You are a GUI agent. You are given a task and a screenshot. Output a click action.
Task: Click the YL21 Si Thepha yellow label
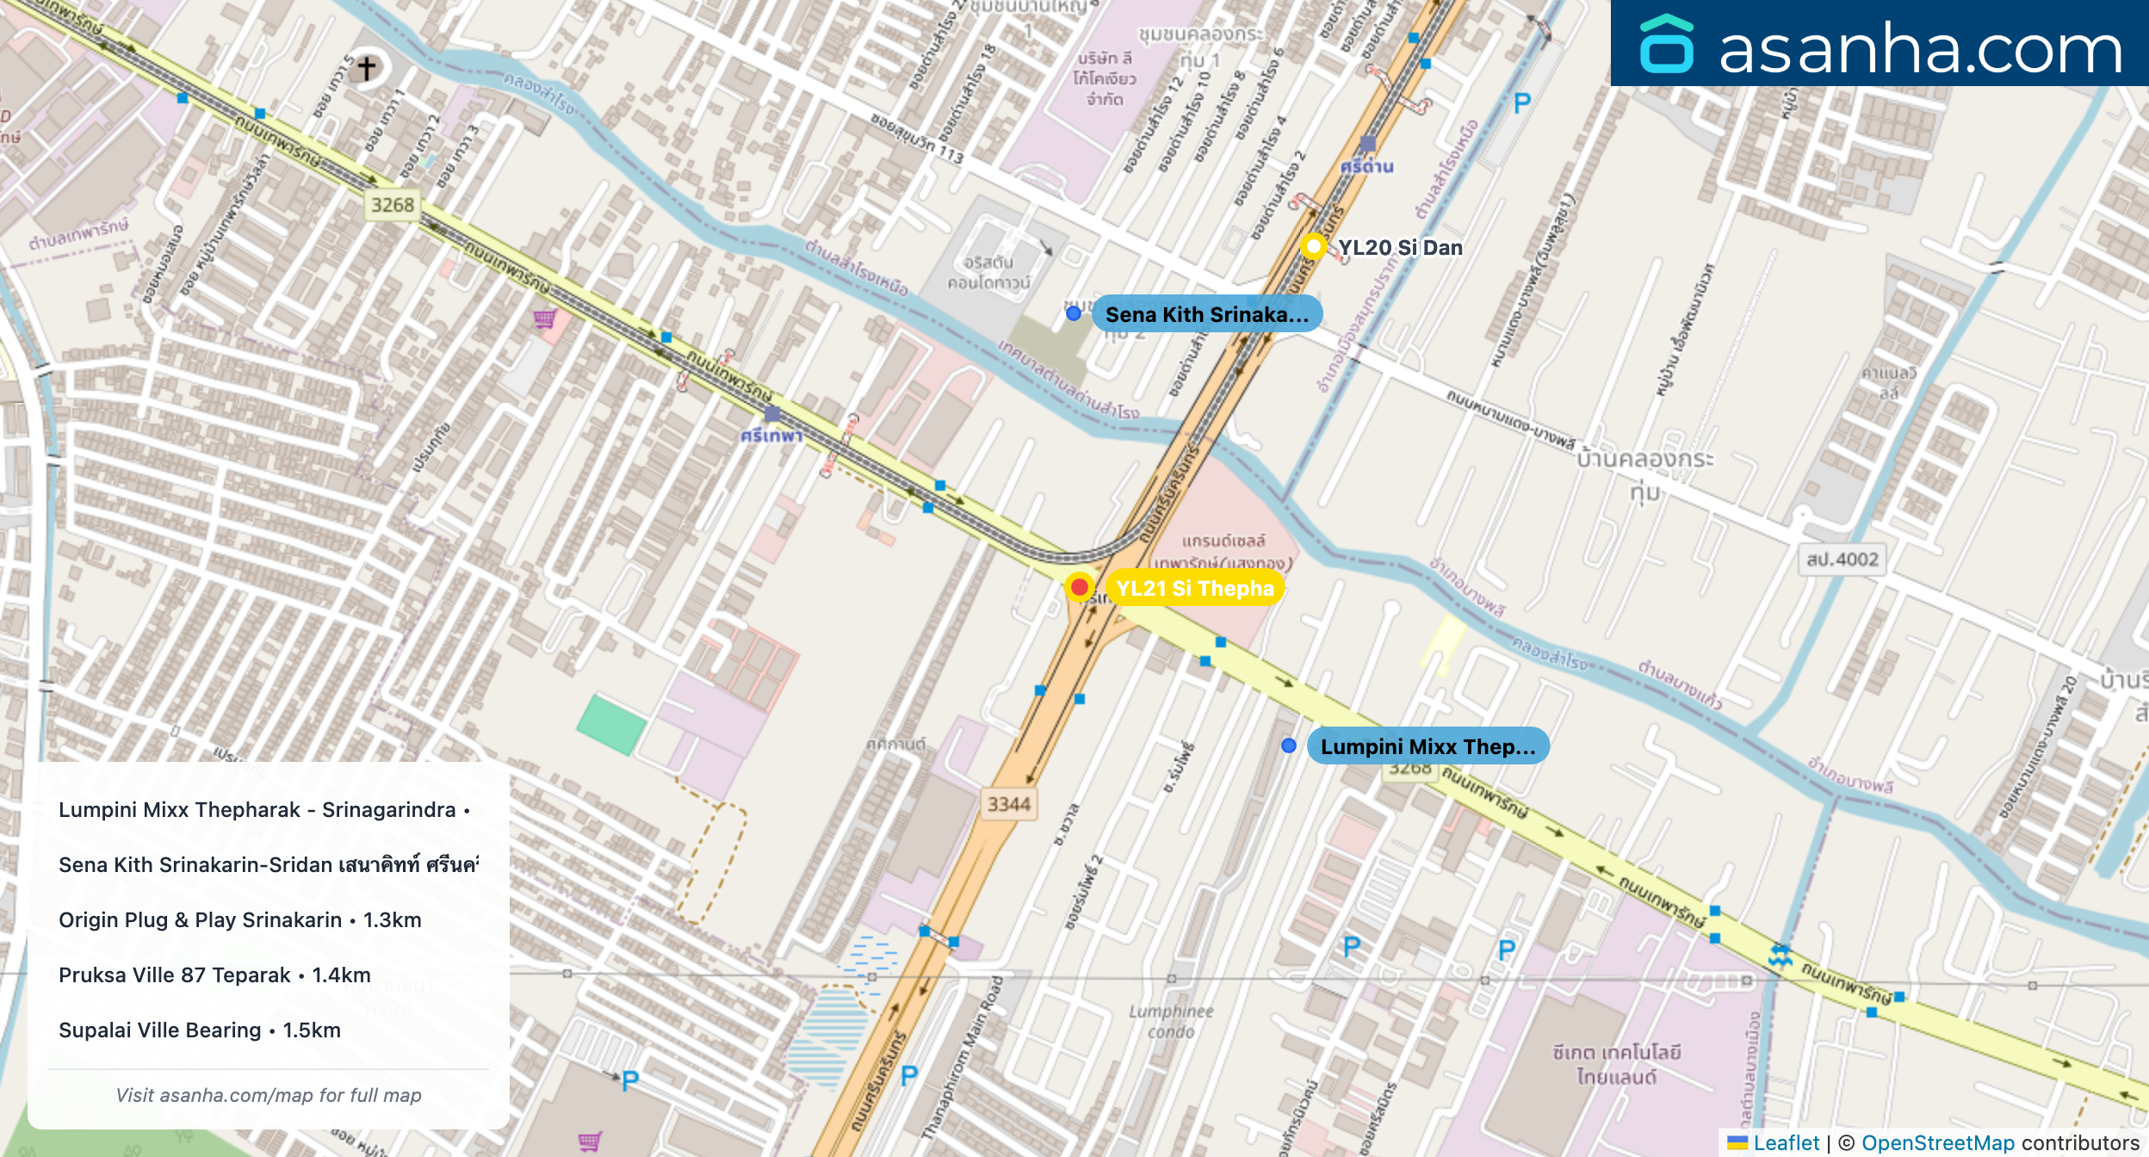(x=1194, y=588)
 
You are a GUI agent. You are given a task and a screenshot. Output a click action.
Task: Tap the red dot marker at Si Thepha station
(x=1079, y=587)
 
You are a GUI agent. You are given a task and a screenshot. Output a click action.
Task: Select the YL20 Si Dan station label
(x=1400, y=248)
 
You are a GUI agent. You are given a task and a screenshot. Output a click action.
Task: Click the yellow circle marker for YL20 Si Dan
(x=1313, y=247)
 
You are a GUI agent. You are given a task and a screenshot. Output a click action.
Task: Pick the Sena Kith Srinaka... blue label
(x=1206, y=314)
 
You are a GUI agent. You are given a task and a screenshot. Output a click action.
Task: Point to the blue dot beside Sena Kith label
(x=1074, y=313)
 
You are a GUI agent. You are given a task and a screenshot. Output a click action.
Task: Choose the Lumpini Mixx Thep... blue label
(x=1428, y=746)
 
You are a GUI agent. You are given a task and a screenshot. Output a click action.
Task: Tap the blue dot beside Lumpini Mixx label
(x=1288, y=746)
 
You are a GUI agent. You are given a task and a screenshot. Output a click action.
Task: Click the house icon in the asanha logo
(x=1667, y=45)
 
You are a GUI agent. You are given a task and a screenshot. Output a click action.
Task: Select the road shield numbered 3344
(x=1008, y=804)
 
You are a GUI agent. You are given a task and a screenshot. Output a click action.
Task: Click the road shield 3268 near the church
(x=393, y=205)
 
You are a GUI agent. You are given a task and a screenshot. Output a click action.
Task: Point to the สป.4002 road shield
(x=1842, y=560)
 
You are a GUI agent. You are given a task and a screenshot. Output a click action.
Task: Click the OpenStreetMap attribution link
(x=1937, y=1142)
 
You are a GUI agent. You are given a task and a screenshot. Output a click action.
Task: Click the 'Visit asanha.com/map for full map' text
(x=269, y=1095)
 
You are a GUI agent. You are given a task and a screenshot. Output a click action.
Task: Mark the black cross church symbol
(x=367, y=68)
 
